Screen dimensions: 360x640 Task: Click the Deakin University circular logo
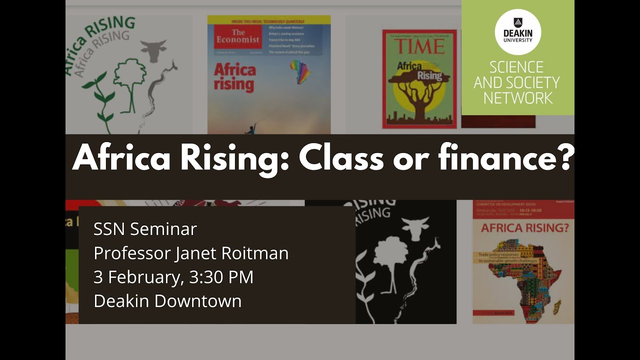pos(517,32)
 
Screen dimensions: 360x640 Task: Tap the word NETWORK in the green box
pos(517,97)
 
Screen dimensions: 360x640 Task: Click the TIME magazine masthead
pos(419,46)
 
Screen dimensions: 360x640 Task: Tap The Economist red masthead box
pos(237,36)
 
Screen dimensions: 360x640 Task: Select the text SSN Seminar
pos(145,229)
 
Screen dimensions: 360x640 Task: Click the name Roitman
pos(257,253)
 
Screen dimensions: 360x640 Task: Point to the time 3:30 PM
pos(221,277)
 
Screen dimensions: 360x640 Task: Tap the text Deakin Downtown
pos(167,301)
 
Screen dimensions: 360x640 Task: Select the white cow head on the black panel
pos(415,228)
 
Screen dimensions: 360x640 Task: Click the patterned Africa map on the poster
pos(522,280)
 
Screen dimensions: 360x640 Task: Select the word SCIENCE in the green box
pos(516,67)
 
